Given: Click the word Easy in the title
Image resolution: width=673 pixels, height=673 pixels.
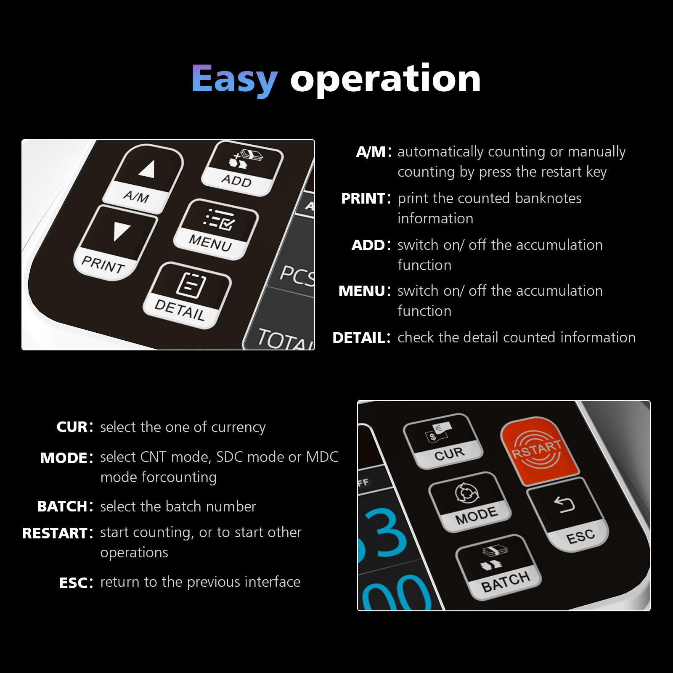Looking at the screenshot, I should (x=234, y=79).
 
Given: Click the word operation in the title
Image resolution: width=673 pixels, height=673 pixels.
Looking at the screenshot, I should (x=385, y=79).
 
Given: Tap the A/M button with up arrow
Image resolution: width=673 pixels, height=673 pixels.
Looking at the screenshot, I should (x=143, y=179).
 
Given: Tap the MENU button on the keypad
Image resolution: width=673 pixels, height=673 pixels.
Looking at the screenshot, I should (x=215, y=229).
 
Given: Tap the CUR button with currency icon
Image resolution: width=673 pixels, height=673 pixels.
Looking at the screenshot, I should (x=443, y=441).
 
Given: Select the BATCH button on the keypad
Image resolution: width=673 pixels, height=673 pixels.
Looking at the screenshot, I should (x=498, y=567).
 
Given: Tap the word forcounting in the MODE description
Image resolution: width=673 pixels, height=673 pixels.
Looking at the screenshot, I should (x=180, y=477).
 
